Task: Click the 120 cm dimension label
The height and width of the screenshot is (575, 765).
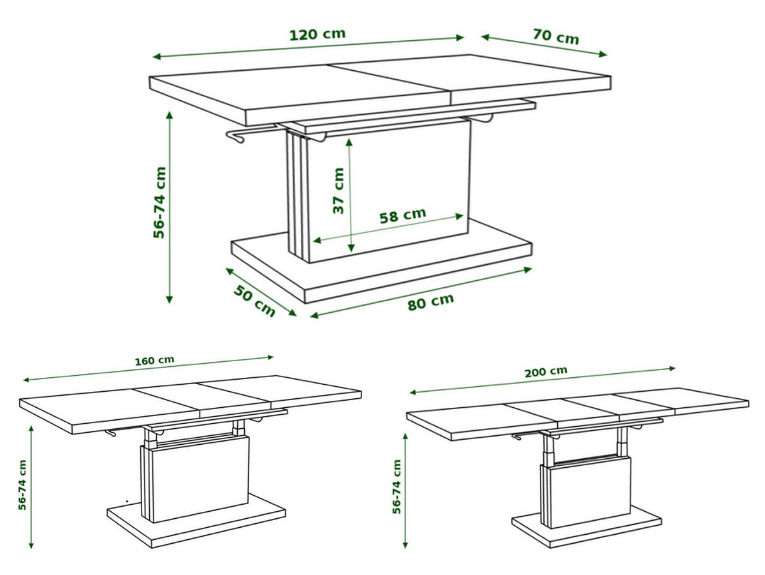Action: coord(317,34)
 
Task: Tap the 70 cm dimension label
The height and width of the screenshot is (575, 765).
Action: coord(555,36)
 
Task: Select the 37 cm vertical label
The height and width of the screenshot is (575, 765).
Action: coord(338,191)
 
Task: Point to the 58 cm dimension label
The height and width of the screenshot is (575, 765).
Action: coord(402,215)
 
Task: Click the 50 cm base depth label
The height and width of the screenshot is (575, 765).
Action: coord(254,301)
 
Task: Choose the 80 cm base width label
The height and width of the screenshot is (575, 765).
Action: coord(431,301)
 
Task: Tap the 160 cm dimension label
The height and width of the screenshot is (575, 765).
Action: coord(154,361)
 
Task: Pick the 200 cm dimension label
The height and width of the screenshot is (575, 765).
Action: coord(546,372)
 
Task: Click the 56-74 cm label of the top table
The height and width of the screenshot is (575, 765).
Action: coord(159,202)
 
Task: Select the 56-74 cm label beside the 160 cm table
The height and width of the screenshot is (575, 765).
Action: coord(22,484)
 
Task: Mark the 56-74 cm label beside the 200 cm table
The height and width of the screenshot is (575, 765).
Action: coord(397,487)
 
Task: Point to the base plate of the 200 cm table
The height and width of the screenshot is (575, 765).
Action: coord(586,527)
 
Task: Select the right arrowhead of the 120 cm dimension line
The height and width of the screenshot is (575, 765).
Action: coord(460,38)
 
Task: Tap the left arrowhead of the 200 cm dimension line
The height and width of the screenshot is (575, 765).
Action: coord(414,392)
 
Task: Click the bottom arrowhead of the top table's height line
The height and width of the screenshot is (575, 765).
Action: coord(170,299)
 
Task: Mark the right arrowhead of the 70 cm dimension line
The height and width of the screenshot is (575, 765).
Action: coord(602,54)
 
